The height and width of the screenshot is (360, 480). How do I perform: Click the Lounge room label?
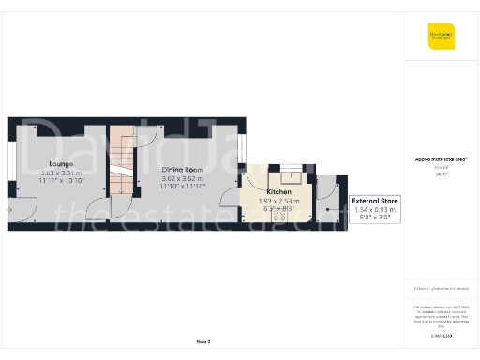[x=61, y=164]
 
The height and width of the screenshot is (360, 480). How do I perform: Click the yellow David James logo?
[x=441, y=38]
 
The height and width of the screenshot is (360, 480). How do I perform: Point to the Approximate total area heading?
[x=440, y=159]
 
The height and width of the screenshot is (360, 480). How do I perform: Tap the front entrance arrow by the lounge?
[x=8, y=211]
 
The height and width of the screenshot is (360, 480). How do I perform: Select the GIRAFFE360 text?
[x=441, y=335]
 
